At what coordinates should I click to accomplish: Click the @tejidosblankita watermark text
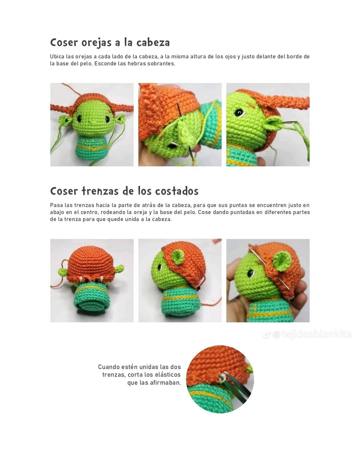pos(311,334)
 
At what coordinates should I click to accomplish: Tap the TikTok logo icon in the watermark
pos(266,334)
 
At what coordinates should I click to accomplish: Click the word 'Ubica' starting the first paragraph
pos(57,57)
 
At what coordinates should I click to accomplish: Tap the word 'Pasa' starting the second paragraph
pos(56,205)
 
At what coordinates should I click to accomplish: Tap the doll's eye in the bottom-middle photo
pos(160,267)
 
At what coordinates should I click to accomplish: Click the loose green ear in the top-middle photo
pos(183,131)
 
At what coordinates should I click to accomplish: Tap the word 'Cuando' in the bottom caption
pos(109,367)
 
